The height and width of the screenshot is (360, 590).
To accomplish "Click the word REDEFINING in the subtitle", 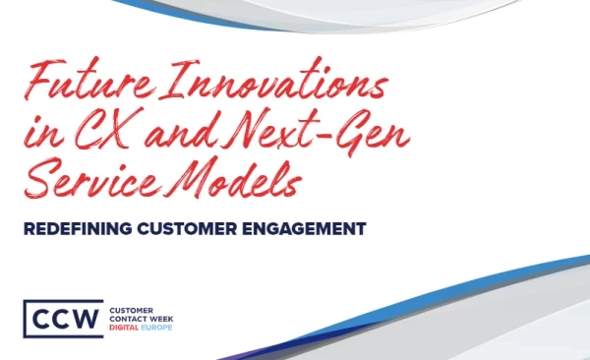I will [x=78, y=228].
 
